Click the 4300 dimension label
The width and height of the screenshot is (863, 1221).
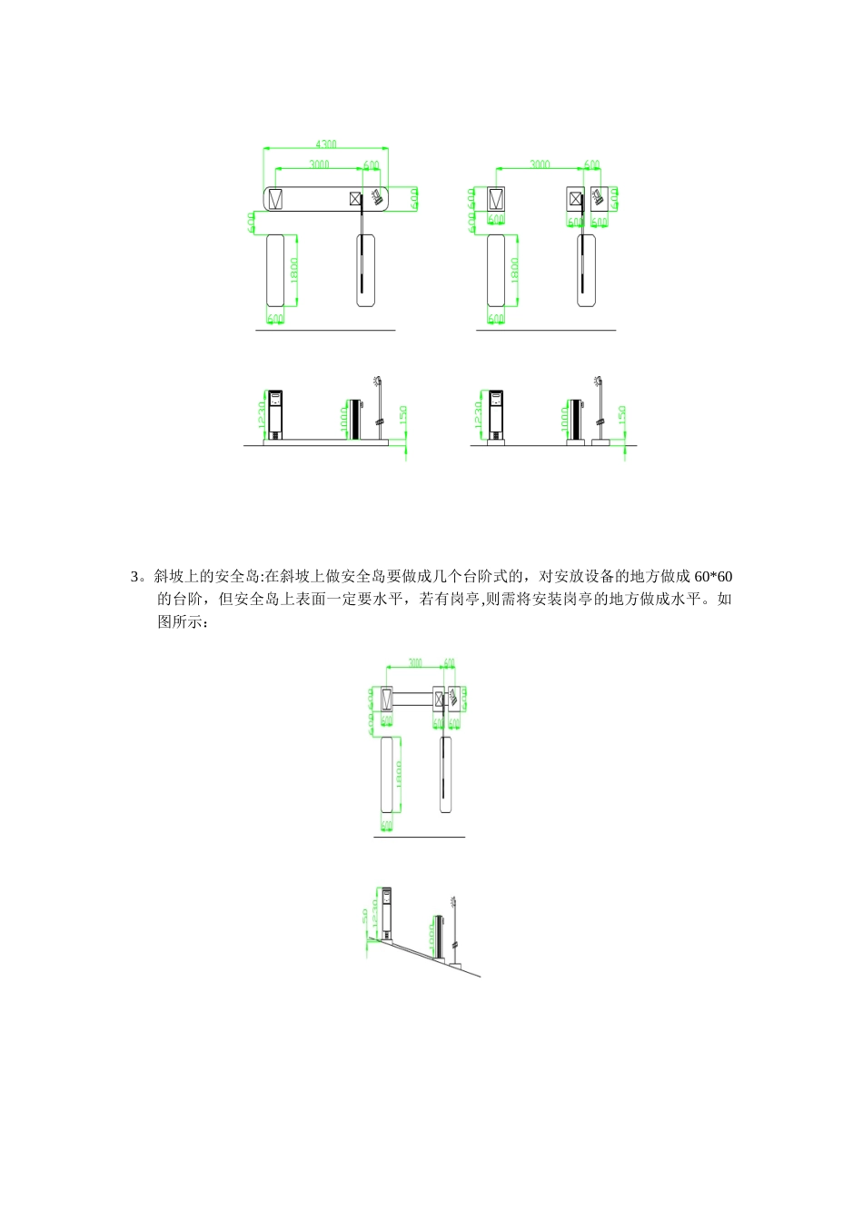coord(325,144)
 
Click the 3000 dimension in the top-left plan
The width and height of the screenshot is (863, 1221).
coord(319,164)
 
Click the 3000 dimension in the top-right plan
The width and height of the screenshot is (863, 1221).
coord(540,164)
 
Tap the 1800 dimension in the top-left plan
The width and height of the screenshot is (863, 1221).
coord(294,270)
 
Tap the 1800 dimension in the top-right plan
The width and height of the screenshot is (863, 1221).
coord(515,270)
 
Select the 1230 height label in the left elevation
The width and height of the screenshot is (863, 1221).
coord(262,416)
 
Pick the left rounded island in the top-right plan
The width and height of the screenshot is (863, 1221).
coord(496,270)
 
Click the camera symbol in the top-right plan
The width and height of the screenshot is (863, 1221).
coord(599,196)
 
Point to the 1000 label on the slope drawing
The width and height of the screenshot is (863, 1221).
coord(431,937)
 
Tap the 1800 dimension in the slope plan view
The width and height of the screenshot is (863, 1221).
coord(399,774)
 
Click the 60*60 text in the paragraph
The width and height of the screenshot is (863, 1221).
coord(713,577)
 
